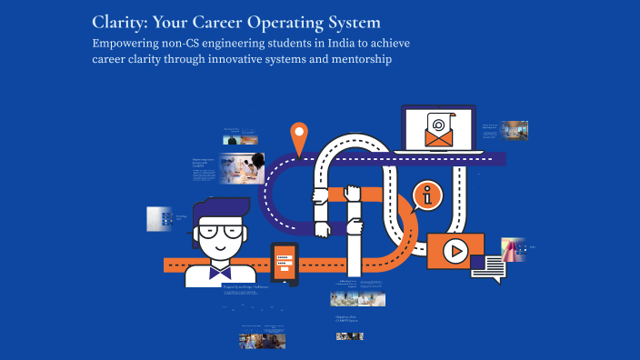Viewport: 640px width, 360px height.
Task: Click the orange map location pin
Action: tap(298, 139)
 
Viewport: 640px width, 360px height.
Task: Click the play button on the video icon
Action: tap(455, 250)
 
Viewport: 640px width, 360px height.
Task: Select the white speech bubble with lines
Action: tap(494, 268)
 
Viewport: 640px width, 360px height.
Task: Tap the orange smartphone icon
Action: tap(285, 264)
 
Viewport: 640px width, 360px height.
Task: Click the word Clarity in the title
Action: tap(123, 20)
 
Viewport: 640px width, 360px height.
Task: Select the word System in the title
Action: tap(347, 20)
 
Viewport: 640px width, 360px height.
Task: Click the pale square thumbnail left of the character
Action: tap(160, 219)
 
